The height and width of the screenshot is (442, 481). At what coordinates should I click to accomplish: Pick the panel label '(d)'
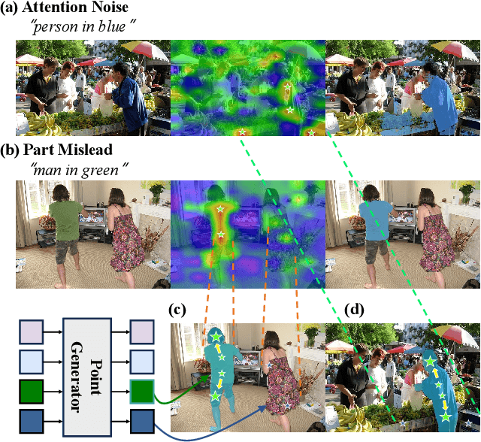pos(353,309)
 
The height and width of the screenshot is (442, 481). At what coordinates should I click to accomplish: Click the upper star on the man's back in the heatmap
pos(219,208)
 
